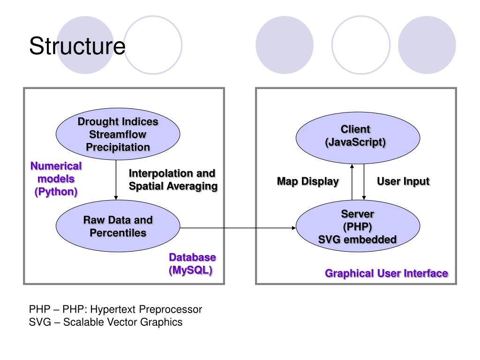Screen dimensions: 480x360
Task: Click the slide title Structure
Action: click(77, 46)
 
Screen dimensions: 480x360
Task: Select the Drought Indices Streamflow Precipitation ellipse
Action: click(118, 134)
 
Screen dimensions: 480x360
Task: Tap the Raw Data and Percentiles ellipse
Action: click(118, 226)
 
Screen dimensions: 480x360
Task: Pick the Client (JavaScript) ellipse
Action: click(358, 138)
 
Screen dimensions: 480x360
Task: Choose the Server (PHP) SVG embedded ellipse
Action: click(358, 226)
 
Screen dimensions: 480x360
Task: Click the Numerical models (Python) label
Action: click(56, 179)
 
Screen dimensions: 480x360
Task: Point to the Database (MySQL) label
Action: click(192, 263)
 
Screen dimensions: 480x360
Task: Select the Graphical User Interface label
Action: click(386, 273)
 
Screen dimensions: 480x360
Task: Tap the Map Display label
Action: click(307, 181)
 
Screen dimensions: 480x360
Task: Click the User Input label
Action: click(403, 181)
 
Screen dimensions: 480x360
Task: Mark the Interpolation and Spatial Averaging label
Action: click(173, 180)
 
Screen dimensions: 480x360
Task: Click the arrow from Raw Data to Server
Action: click(238, 228)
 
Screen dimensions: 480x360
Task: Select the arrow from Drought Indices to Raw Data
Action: click(116, 180)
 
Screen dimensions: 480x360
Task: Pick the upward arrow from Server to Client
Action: click(352, 182)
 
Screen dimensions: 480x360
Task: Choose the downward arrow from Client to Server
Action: click(364, 182)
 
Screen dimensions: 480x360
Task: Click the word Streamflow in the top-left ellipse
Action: click(118, 135)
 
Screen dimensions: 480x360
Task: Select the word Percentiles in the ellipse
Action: click(118, 232)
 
